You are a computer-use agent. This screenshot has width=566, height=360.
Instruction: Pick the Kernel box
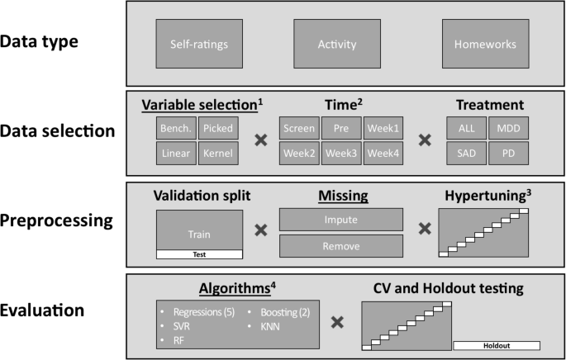(x=218, y=152)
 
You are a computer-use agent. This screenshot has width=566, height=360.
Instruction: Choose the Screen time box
(x=298, y=129)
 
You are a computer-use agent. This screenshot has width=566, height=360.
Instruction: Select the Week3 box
(x=341, y=152)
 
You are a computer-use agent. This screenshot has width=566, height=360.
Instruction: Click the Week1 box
(x=383, y=129)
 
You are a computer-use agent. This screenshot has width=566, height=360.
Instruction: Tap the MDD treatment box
(x=507, y=129)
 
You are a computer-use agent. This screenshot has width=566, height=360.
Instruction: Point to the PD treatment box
(x=507, y=152)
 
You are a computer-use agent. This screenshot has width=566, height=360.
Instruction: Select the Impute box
(x=340, y=219)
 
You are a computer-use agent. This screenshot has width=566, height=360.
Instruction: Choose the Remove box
(x=340, y=245)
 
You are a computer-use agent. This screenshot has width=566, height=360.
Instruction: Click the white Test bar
(x=199, y=254)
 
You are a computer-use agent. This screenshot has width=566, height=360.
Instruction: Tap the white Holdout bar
(x=496, y=345)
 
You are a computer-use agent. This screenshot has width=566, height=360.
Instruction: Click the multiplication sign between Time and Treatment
(x=425, y=140)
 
